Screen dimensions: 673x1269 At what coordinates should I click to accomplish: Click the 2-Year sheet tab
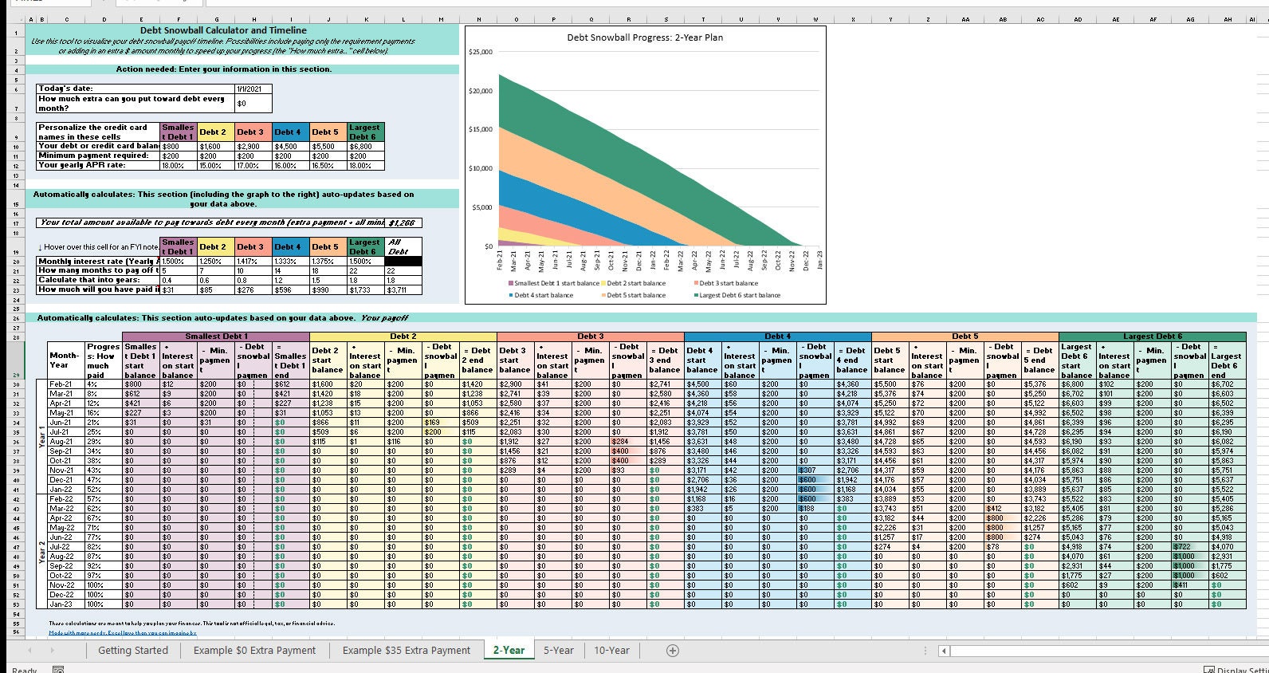[509, 650]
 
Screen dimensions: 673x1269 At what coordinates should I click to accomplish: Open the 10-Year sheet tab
[611, 650]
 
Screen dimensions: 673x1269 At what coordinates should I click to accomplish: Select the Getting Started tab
[132, 650]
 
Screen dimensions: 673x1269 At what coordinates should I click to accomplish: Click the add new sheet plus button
[673, 651]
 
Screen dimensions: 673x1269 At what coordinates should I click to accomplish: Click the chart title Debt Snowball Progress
[645, 37]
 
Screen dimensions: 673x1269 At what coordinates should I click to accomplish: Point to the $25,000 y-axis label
[481, 52]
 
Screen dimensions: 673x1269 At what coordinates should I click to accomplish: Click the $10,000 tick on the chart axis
[481, 168]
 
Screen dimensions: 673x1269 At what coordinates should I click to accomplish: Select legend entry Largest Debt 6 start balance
[740, 295]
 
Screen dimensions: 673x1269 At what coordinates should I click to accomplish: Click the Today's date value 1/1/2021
[253, 89]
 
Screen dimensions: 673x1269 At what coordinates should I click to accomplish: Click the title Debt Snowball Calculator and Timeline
[223, 30]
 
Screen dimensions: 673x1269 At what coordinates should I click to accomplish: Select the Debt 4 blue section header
[777, 336]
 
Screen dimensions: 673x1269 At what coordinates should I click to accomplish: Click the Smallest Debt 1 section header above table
[216, 336]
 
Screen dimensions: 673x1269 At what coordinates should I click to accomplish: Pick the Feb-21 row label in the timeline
[61, 384]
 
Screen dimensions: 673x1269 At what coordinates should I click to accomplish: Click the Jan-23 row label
[61, 604]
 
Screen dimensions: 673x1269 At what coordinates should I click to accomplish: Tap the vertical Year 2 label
[42, 552]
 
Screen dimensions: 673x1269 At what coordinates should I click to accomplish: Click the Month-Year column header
[64, 360]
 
